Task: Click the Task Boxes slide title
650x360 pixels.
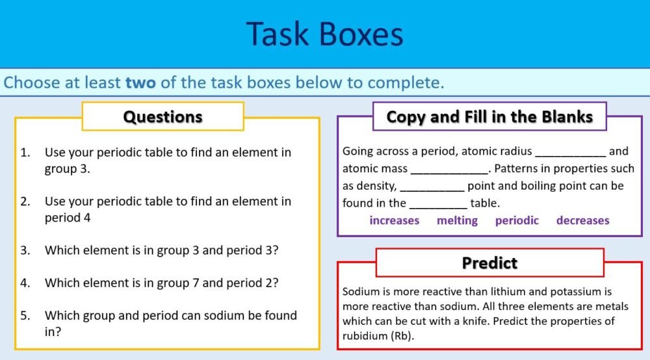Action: (324, 34)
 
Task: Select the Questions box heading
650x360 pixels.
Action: (162, 117)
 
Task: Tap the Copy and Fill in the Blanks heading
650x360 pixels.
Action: (489, 117)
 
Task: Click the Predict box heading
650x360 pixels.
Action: (489, 263)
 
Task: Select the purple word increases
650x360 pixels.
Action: (394, 220)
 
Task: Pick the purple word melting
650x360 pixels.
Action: (457, 220)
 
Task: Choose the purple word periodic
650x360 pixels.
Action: (517, 220)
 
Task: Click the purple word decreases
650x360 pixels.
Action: (582, 220)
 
